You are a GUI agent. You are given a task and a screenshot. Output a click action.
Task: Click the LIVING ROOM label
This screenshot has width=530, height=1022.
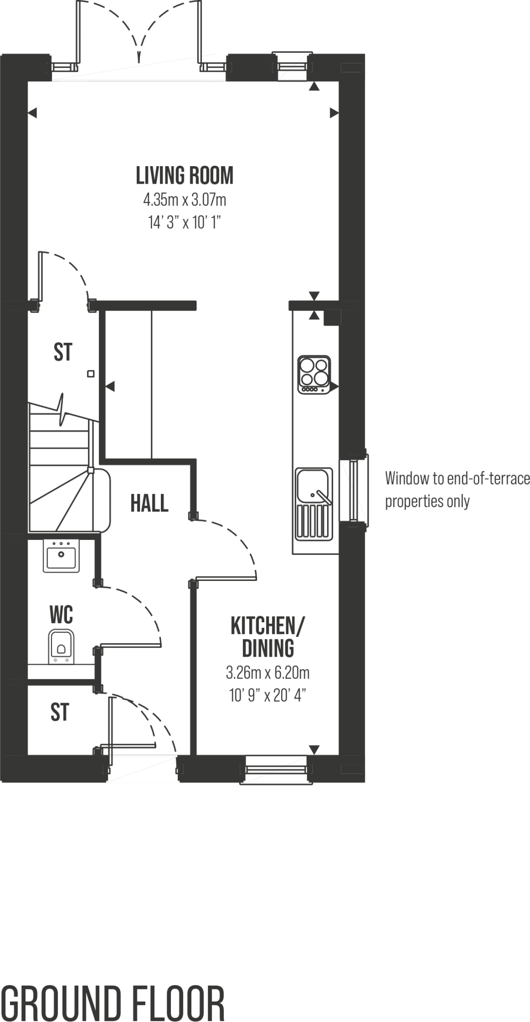[184, 176]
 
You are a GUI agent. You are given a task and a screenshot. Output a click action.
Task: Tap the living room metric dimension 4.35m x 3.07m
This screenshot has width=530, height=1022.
[184, 200]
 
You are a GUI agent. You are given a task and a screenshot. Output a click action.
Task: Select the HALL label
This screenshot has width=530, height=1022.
[149, 503]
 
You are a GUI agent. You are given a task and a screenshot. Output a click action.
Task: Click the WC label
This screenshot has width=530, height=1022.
[61, 615]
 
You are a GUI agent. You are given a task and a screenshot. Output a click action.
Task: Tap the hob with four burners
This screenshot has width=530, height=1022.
[314, 374]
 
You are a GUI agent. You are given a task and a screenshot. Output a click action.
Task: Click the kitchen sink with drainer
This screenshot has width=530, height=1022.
[314, 504]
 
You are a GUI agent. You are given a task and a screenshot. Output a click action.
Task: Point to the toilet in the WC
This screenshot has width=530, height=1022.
[61, 647]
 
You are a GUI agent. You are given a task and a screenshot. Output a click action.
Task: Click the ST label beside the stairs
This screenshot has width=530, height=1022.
[63, 352]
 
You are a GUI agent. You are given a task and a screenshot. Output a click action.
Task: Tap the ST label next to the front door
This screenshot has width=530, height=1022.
[59, 712]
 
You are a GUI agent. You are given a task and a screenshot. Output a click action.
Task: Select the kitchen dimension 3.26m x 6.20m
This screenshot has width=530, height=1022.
[268, 673]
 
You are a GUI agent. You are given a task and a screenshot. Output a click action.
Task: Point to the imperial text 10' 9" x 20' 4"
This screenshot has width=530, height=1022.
[268, 695]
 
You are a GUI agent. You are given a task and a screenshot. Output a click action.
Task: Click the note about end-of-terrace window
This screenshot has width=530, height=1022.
[457, 490]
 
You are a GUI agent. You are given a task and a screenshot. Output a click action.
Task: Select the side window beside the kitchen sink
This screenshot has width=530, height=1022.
[354, 490]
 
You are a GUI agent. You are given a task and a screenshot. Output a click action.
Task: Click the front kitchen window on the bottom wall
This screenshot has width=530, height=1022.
[276, 770]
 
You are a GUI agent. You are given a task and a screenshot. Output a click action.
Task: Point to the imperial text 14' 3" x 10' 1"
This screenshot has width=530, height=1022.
[184, 223]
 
